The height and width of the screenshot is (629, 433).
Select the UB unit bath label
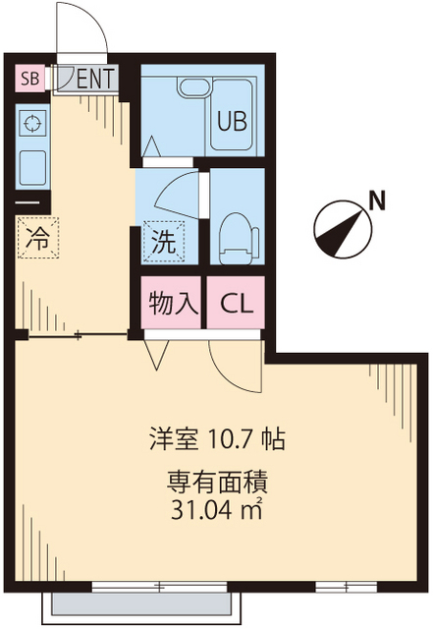(x=232, y=123)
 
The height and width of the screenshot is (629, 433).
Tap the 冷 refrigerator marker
(x=37, y=238)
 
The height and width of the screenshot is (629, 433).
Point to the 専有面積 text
(x=217, y=484)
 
